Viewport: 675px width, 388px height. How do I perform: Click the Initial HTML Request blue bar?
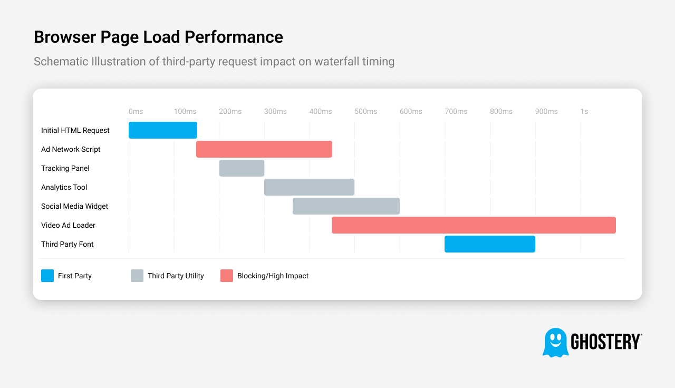(x=162, y=130)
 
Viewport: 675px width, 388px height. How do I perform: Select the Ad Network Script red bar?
(x=264, y=149)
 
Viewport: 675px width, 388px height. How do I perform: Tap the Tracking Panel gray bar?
(x=242, y=168)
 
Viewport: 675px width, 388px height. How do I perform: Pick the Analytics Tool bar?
(x=309, y=187)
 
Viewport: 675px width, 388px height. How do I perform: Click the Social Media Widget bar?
(x=346, y=206)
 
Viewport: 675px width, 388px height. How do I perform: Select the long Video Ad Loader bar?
(x=474, y=225)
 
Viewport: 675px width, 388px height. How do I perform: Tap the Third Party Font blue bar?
(x=489, y=244)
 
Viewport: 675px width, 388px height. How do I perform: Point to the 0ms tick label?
(x=136, y=111)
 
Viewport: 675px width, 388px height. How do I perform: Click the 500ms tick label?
(x=365, y=111)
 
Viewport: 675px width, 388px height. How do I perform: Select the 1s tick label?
(x=584, y=111)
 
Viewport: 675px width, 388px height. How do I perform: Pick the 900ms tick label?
(x=546, y=111)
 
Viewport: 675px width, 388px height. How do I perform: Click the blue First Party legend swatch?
(x=47, y=276)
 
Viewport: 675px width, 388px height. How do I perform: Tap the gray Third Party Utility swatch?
(x=137, y=276)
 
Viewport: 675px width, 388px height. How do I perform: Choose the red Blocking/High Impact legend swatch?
(x=227, y=276)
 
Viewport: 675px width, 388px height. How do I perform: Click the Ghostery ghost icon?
(x=555, y=342)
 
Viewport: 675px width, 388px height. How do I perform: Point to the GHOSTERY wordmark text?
(x=606, y=342)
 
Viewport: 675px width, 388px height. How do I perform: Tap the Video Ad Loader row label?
(x=68, y=225)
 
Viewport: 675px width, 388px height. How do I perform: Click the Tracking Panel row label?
(x=65, y=168)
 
